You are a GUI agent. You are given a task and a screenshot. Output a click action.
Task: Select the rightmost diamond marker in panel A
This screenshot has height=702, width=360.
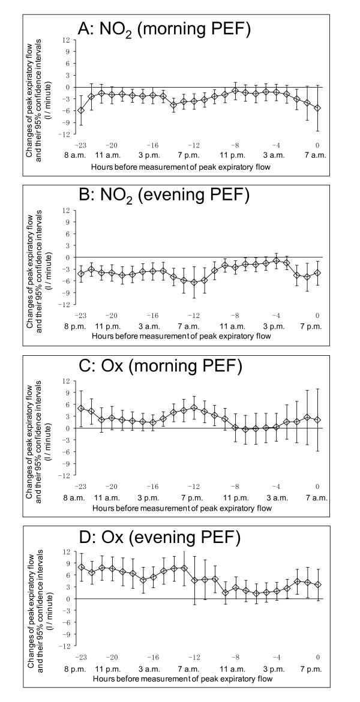(x=317, y=108)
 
